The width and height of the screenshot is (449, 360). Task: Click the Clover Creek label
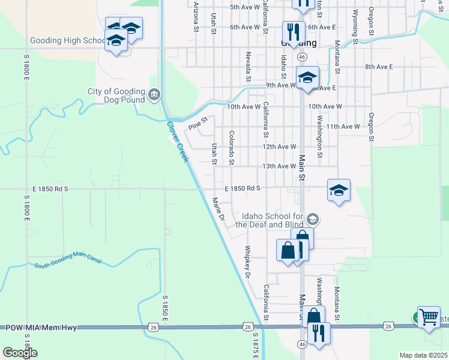pos(178,142)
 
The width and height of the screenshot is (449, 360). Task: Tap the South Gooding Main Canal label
pos(67,260)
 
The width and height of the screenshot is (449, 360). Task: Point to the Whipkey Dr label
pos(247,262)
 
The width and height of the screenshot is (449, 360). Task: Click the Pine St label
pos(197,123)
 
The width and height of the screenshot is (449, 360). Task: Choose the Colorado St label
pos(231,148)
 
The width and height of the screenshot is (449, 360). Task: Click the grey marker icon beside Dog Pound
pos(154,95)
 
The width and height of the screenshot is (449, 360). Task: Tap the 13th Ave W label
pos(279,166)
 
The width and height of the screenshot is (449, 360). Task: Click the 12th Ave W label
pos(279,146)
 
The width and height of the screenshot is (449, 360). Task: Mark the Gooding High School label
pos(68,41)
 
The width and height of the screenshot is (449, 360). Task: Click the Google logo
pos(20,353)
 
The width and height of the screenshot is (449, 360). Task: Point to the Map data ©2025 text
pos(423,355)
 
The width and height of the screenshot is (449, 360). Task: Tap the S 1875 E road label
pos(255,346)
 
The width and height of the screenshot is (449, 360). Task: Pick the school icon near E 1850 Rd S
pos(339,190)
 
